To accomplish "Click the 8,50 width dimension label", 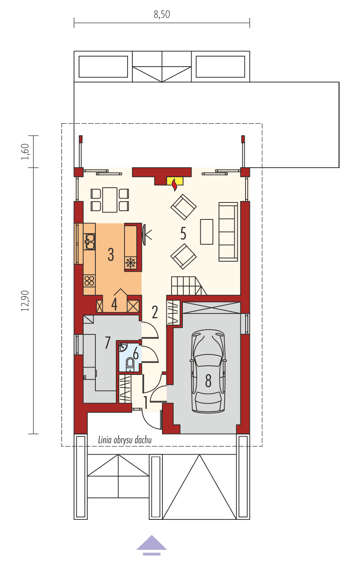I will pyautogui.click(x=161, y=14).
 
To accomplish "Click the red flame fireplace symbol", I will pyautogui.click(x=175, y=184).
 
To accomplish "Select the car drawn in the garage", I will pyautogui.click(x=208, y=371).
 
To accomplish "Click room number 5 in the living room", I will pyautogui.click(x=183, y=234).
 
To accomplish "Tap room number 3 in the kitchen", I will pyautogui.click(x=111, y=254).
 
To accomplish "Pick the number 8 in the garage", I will pyautogui.click(x=208, y=381).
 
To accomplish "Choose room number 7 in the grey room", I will pyautogui.click(x=108, y=343).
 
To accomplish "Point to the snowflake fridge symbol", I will pyautogui.click(x=130, y=262).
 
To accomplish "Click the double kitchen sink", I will pyautogui.click(x=89, y=241).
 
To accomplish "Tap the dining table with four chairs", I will pyautogui.click(x=110, y=199).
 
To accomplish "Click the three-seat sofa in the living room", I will pyautogui.click(x=228, y=232).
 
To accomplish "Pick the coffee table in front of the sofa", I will pyautogui.click(x=206, y=232).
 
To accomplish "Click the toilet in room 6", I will pyautogui.click(x=130, y=364).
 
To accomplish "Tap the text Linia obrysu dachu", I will pyautogui.click(x=124, y=440).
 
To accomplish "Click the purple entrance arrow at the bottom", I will pyautogui.click(x=151, y=544).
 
